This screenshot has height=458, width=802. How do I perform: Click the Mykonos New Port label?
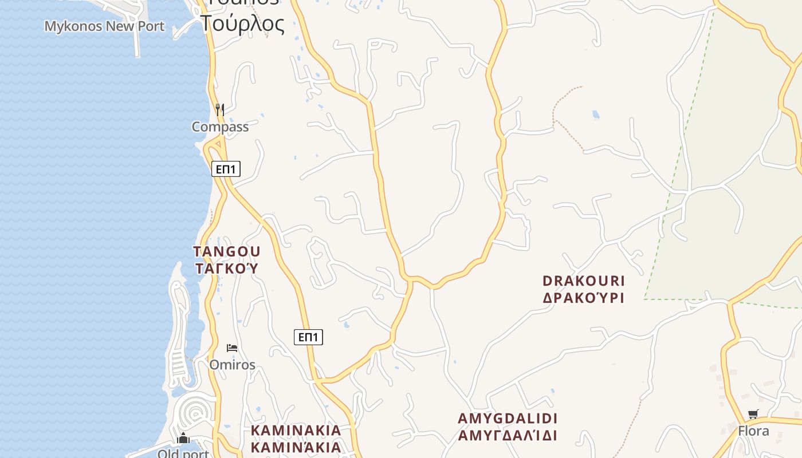point(104,26)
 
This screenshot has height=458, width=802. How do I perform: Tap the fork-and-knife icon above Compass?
point(219,109)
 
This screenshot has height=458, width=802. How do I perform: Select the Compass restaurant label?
point(220,127)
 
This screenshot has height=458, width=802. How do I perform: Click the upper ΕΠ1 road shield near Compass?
point(226,169)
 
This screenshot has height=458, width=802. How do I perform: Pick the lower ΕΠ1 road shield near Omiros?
point(308,337)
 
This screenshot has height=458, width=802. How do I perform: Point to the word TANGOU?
point(227,252)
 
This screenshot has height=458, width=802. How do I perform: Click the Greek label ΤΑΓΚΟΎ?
point(227,268)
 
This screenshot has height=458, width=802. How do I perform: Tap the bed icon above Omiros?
point(231,348)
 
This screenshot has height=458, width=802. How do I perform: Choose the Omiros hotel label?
point(232,365)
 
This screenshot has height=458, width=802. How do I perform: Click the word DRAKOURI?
point(584,281)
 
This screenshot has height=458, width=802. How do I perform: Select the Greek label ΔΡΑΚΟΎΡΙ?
point(584,298)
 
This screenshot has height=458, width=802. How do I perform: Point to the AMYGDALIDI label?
point(508,418)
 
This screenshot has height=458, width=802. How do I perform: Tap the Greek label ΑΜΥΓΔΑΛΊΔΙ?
point(508,435)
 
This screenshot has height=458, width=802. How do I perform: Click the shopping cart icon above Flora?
point(753,414)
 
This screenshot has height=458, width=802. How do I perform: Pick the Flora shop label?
point(753,431)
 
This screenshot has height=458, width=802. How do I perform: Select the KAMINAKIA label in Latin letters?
point(296,431)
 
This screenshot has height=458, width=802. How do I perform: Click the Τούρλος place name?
point(242,24)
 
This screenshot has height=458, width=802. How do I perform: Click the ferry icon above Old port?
point(183,439)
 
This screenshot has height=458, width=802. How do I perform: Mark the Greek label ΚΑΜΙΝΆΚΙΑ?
point(296,447)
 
